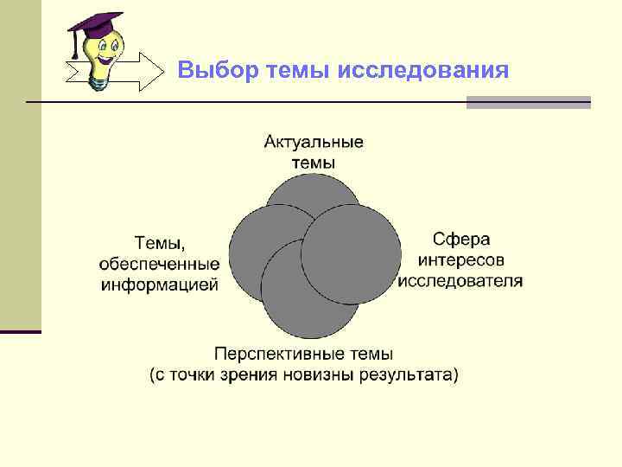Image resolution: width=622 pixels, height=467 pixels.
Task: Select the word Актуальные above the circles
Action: tap(314, 142)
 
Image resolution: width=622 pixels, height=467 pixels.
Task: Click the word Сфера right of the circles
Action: tap(461, 239)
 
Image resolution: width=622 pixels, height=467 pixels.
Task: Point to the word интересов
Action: tap(461, 259)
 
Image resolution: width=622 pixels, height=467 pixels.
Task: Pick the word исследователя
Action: tap(461, 280)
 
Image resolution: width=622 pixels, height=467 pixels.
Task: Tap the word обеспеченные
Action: tap(160, 264)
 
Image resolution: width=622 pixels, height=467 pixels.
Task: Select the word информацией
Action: tap(160, 285)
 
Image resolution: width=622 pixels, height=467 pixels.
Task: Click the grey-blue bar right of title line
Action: tap(528, 102)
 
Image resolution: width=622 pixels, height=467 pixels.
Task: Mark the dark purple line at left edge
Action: tap(21, 331)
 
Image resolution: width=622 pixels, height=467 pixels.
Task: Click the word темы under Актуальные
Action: tap(314, 163)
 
